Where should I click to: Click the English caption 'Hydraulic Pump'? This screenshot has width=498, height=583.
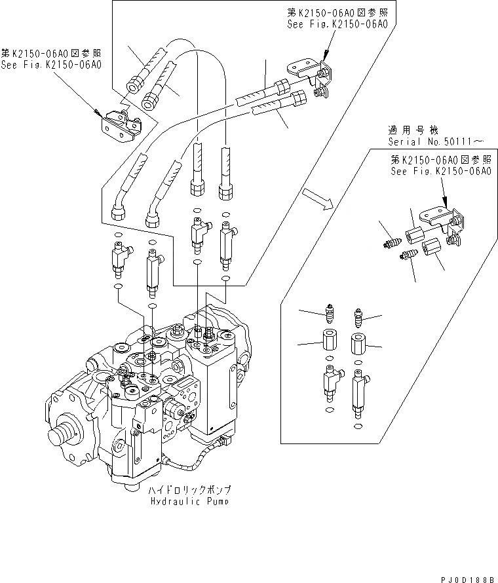[x=189, y=502]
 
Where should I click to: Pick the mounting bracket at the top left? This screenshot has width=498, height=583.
[x=121, y=124]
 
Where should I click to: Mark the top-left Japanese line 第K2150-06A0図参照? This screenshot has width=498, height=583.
[x=52, y=52]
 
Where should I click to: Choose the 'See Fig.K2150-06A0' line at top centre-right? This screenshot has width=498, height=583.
[x=337, y=24]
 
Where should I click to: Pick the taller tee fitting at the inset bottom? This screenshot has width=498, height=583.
[x=358, y=390]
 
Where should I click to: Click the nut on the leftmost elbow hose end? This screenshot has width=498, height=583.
[x=119, y=213]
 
